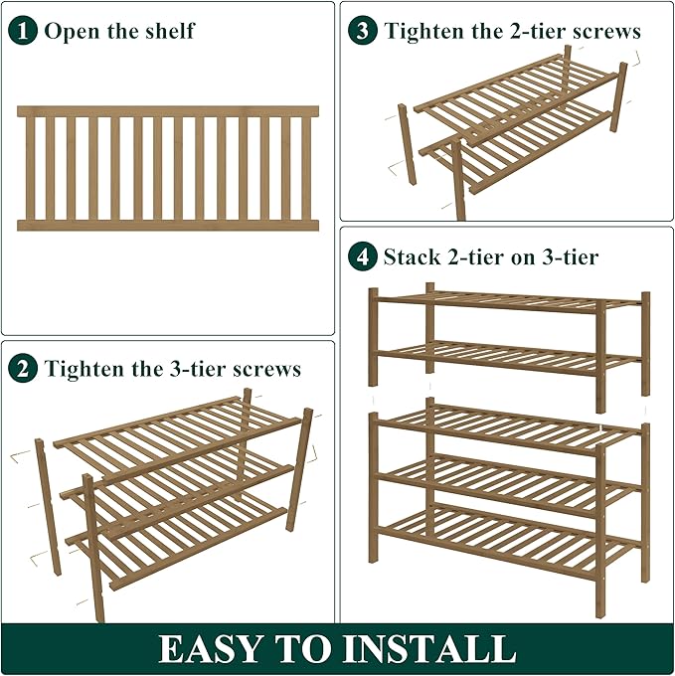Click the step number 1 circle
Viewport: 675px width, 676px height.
[22, 30]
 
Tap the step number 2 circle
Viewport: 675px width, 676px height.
[22, 369]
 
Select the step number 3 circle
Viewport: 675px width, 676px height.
[363, 30]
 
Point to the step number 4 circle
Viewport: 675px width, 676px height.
[363, 257]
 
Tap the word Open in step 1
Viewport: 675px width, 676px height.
[71, 31]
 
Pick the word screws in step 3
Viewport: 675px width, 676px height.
[607, 31]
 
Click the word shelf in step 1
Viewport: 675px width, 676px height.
[168, 31]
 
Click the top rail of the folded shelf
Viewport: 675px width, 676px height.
[168, 111]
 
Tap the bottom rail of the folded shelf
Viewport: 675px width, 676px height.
[168, 226]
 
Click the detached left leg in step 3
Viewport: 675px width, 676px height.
[407, 144]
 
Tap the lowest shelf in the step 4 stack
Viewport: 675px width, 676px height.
[507, 537]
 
